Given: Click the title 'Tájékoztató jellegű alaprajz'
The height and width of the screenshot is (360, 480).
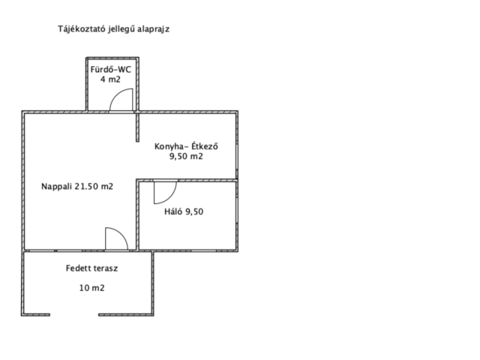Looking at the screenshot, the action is pyautogui.click(x=113, y=29).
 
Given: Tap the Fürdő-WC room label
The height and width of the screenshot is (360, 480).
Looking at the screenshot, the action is pyautogui.click(x=110, y=70).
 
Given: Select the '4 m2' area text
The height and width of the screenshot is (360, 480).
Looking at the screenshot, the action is pyautogui.click(x=110, y=79).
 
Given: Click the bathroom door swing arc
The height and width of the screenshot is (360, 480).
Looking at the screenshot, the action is pyautogui.click(x=118, y=95).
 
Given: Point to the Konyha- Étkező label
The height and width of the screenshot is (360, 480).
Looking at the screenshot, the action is pyautogui.click(x=186, y=146).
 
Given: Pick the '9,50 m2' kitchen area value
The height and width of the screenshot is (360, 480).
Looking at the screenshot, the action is pyautogui.click(x=186, y=157).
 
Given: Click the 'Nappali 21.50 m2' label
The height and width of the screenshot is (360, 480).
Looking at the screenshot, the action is pyautogui.click(x=77, y=187).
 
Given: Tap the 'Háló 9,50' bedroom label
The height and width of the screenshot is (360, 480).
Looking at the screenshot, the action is pyautogui.click(x=184, y=211).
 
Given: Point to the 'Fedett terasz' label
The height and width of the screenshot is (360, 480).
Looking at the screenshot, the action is pyautogui.click(x=91, y=268).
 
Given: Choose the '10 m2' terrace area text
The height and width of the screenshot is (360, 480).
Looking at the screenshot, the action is pyautogui.click(x=91, y=288).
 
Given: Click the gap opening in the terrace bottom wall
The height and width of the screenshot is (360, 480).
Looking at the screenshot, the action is pyautogui.click(x=74, y=315).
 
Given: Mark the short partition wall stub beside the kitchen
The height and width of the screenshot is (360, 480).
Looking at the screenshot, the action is pyautogui.click(x=137, y=127).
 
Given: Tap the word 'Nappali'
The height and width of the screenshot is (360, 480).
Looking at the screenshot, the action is pyautogui.click(x=57, y=187).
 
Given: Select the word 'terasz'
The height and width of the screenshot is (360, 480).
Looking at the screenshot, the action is pyautogui.click(x=106, y=268).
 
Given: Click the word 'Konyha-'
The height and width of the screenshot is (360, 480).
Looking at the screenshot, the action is pyautogui.click(x=172, y=146).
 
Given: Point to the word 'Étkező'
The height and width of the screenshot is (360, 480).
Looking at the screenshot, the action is pyautogui.click(x=205, y=146).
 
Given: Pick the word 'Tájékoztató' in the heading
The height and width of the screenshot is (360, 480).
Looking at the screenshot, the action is pyautogui.click(x=82, y=29).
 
